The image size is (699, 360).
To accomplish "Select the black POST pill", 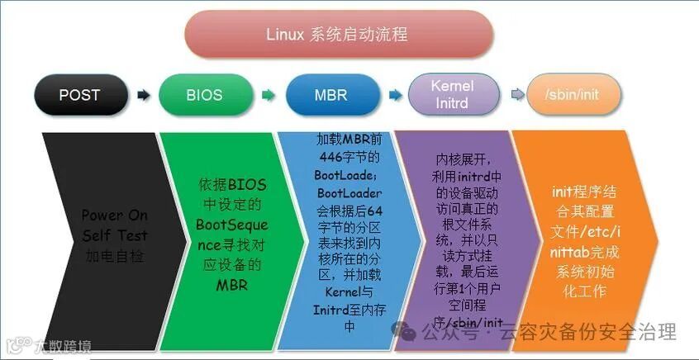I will tap(79, 95).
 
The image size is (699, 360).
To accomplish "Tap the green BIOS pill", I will tap(204, 95).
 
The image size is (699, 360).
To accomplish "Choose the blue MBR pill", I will tap(330, 95).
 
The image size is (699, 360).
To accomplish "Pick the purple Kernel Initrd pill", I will tap(453, 95).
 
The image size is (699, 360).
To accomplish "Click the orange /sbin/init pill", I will tap(573, 95).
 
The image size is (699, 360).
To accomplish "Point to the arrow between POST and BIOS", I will tap(144, 96).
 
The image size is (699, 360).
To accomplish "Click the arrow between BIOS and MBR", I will tap(268, 96).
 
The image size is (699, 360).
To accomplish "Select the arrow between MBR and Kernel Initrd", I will tap(395, 96).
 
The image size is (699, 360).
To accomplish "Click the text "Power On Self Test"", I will tap(114, 225).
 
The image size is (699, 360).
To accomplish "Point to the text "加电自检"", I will tap(114, 256).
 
